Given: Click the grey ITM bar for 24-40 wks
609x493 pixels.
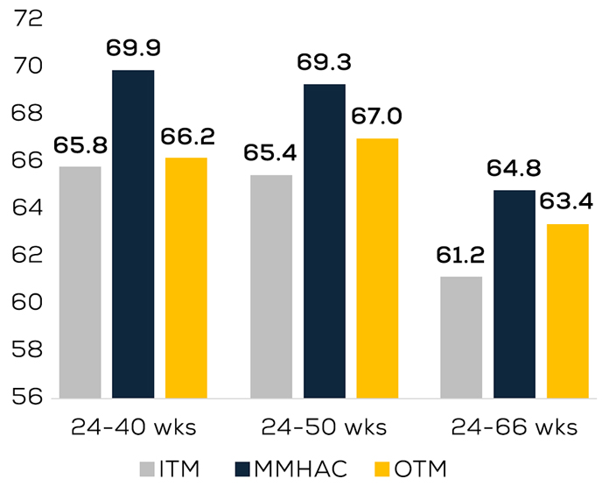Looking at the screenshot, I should click(x=80, y=282).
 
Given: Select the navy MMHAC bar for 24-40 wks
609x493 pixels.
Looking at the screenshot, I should click(x=133, y=234).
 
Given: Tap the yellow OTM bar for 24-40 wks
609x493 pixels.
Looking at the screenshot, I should click(x=186, y=278).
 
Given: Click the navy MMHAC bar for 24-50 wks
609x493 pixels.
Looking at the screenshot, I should click(x=325, y=241).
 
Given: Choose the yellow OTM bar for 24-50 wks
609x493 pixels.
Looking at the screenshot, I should click(x=377, y=268).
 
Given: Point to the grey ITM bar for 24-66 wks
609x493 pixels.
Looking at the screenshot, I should click(x=461, y=336).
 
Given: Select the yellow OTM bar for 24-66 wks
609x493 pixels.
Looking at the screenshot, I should click(x=568, y=311).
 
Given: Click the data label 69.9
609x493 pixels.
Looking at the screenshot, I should click(x=132, y=47).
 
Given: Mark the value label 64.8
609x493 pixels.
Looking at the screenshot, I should click(x=514, y=167).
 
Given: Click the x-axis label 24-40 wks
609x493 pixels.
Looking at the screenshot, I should click(x=133, y=427).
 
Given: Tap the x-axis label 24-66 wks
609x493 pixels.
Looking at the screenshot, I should click(x=514, y=427).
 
